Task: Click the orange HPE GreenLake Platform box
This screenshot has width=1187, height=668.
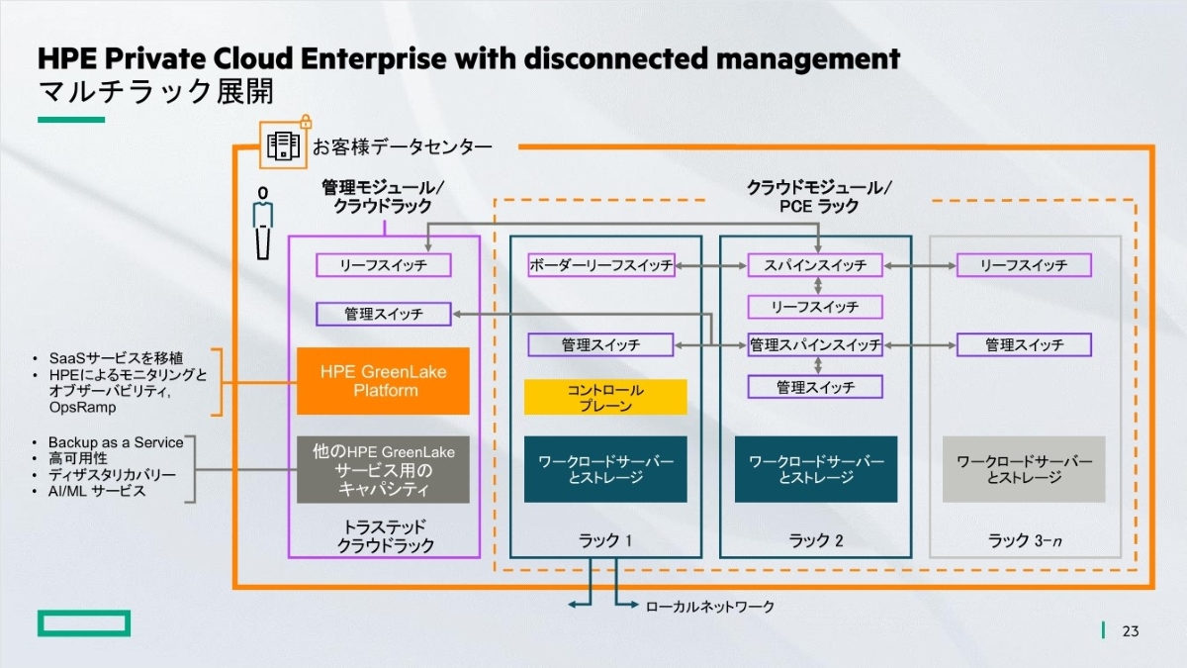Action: pos(383,381)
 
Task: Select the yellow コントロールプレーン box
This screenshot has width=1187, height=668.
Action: pos(605,398)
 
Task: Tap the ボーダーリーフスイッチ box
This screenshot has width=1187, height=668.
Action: pos(601,265)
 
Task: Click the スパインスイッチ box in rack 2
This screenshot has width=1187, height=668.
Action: pos(815,265)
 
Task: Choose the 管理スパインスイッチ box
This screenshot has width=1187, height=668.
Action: pos(815,345)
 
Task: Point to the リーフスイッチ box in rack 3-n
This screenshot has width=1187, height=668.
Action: pos(1024,265)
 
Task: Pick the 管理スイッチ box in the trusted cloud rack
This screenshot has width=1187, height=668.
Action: pos(384,314)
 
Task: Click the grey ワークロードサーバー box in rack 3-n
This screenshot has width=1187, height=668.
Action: pos(1024,469)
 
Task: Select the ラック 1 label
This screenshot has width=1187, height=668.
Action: pos(604,540)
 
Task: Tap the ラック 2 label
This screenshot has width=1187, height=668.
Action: pos(815,540)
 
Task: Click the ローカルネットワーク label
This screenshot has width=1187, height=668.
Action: pos(709,607)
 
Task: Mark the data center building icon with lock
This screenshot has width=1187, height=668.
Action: pos(283,144)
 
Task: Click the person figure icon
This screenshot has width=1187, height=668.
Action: pos(262,222)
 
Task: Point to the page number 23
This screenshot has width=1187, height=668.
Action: pos(1131,631)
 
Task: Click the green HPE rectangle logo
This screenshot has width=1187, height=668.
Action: pos(84,622)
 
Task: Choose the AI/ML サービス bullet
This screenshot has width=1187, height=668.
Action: pos(97,491)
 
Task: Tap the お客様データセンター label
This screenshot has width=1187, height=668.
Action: pos(402,147)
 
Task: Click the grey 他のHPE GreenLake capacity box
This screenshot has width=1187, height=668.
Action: pos(383,469)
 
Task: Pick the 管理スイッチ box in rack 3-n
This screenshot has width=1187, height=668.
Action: pos(1024,345)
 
